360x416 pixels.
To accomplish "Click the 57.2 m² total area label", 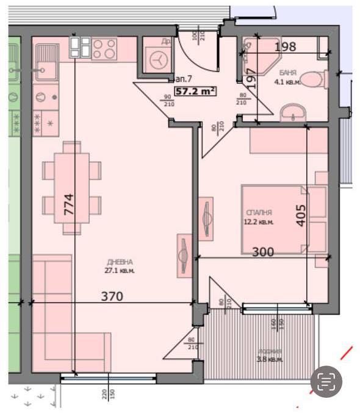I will (196, 91).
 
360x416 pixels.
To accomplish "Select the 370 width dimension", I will (112, 296).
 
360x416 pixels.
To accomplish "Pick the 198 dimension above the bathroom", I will (286, 46).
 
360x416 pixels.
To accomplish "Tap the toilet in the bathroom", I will (315, 79).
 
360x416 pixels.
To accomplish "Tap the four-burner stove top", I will (105, 49).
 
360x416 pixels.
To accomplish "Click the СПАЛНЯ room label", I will (259, 212).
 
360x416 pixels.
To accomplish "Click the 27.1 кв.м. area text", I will (119, 270).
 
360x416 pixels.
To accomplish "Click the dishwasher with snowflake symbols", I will (45, 119).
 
